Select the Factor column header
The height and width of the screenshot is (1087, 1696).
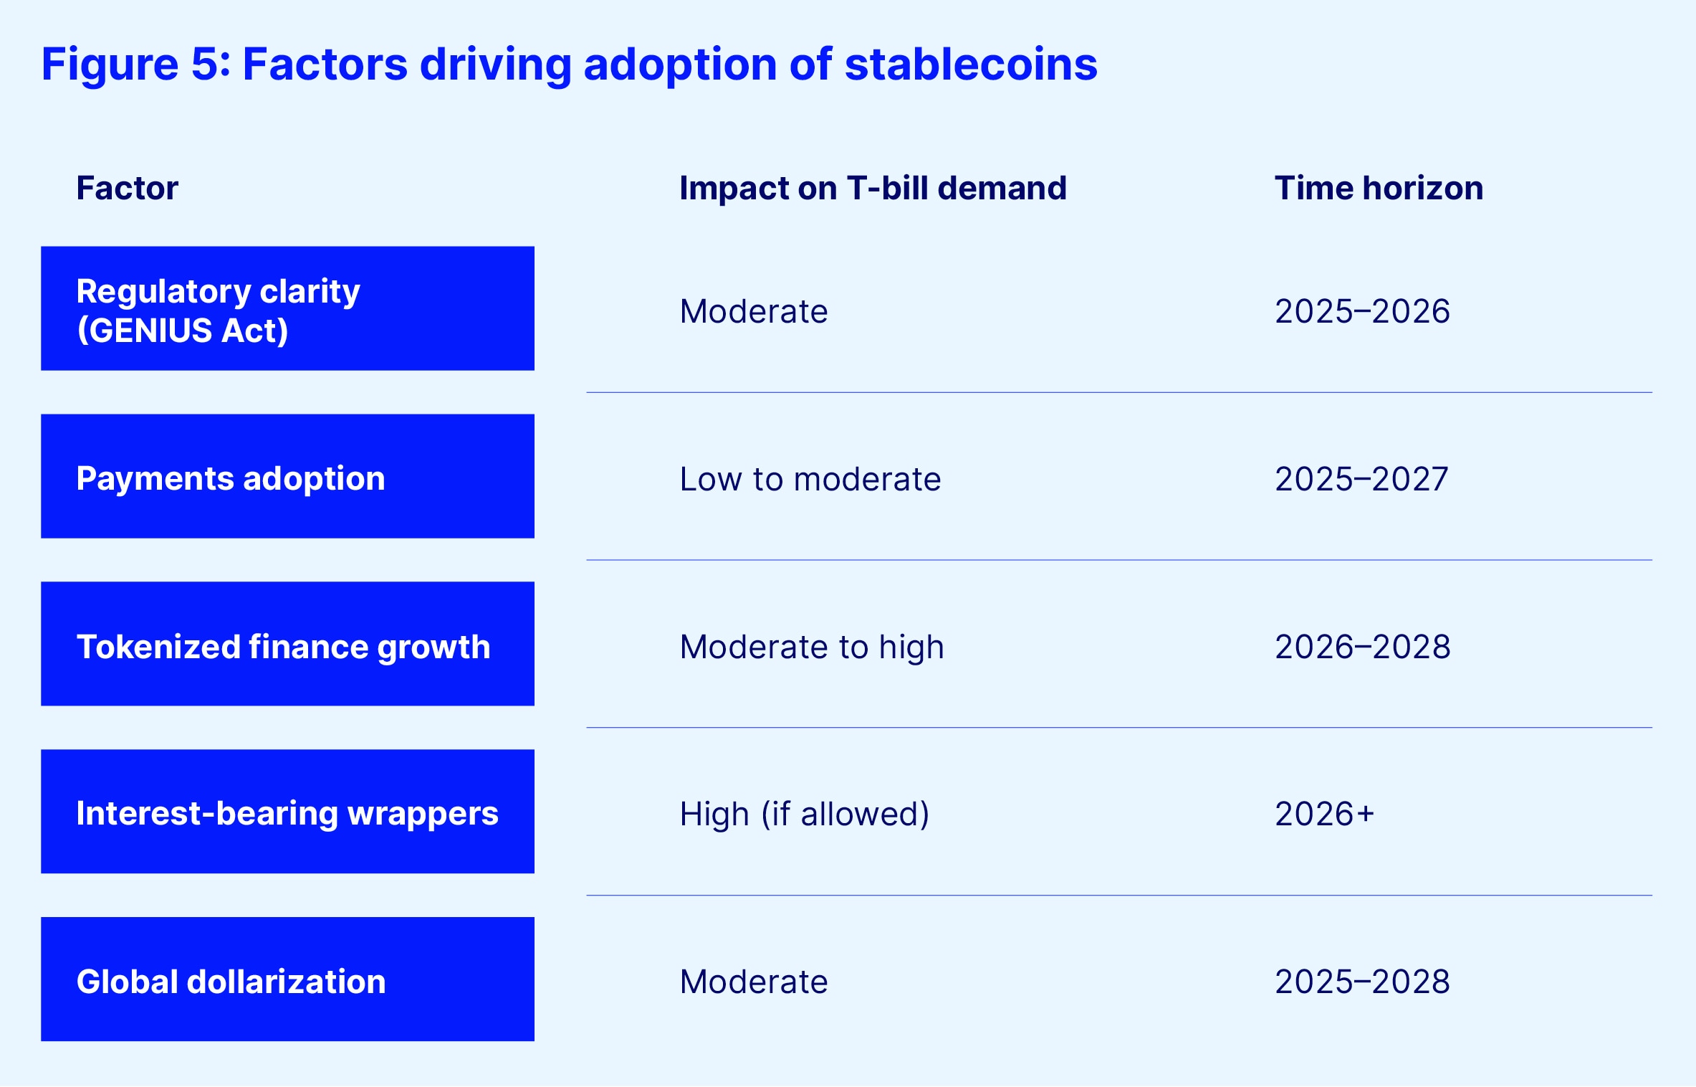pos(127,189)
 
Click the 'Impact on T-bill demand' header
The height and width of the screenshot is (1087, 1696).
pos(873,189)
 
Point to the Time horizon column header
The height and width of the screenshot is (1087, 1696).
pos(1378,189)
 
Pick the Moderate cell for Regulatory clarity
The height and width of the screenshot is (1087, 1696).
pos(753,312)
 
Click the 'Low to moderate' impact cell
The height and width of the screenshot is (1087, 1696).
pos(810,480)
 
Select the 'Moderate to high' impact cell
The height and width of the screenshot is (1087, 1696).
pos(811,647)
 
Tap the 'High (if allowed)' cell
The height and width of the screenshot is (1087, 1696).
pos(804,815)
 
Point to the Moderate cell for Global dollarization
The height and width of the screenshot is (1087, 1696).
pos(753,982)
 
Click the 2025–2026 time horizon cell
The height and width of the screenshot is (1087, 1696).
pos(1361,312)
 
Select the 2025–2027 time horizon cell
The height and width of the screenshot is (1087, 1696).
pos(1361,480)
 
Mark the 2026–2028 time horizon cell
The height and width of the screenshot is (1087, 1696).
pos(1361,647)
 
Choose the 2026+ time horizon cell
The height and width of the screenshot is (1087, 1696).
pos(1323,815)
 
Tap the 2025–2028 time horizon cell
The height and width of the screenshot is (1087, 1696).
pos(1361,982)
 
